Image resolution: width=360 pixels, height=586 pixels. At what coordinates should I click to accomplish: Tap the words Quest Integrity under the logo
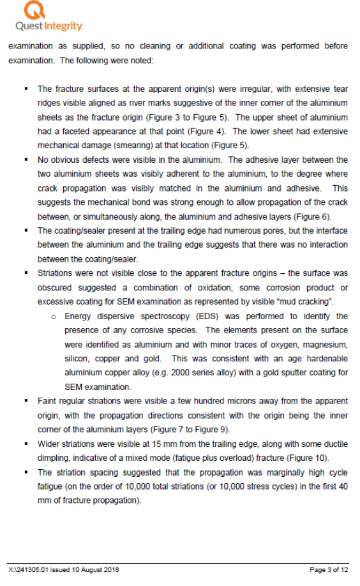(x=49, y=26)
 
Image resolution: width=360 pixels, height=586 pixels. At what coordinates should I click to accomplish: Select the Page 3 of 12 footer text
(x=329, y=569)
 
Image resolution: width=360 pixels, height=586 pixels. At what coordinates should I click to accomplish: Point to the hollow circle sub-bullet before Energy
(x=56, y=317)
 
